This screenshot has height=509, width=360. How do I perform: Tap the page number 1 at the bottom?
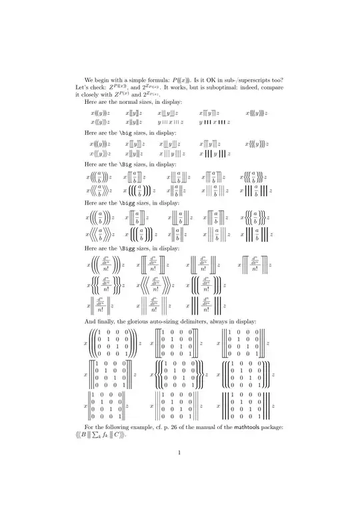pyautogui.click(x=180, y=454)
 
